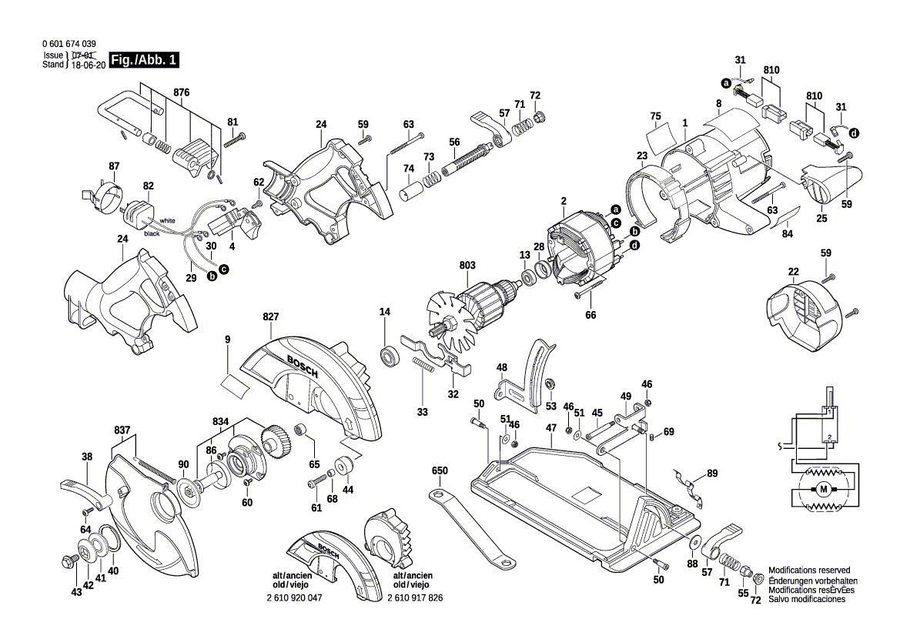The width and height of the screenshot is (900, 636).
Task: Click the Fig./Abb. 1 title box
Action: click(x=145, y=60)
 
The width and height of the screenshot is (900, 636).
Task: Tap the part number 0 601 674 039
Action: click(x=69, y=44)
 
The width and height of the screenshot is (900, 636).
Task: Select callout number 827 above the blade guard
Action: click(x=271, y=317)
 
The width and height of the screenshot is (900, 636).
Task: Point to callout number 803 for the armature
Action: click(x=468, y=265)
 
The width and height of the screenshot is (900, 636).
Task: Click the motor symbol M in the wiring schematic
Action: click(x=825, y=490)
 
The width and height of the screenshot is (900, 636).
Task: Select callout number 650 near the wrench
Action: click(x=440, y=470)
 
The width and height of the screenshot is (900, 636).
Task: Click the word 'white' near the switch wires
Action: click(x=168, y=220)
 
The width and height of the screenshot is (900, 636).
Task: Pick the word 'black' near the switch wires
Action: click(x=152, y=233)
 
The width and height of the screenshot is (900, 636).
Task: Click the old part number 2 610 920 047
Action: click(x=294, y=598)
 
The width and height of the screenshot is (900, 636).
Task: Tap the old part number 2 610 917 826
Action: click(x=415, y=598)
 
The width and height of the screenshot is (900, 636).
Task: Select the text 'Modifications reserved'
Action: click(x=809, y=570)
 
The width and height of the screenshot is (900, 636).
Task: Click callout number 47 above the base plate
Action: click(x=551, y=427)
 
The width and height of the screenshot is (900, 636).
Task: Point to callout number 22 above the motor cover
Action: click(x=793, y=272)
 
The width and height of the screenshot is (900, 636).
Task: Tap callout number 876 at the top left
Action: click(x=182, y=92)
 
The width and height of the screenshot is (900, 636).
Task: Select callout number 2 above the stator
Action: click(x=564, y=201)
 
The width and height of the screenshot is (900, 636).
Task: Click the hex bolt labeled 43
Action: click(x=69, y=559)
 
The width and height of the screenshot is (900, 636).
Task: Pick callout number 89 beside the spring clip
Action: click(x=712, y=474)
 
